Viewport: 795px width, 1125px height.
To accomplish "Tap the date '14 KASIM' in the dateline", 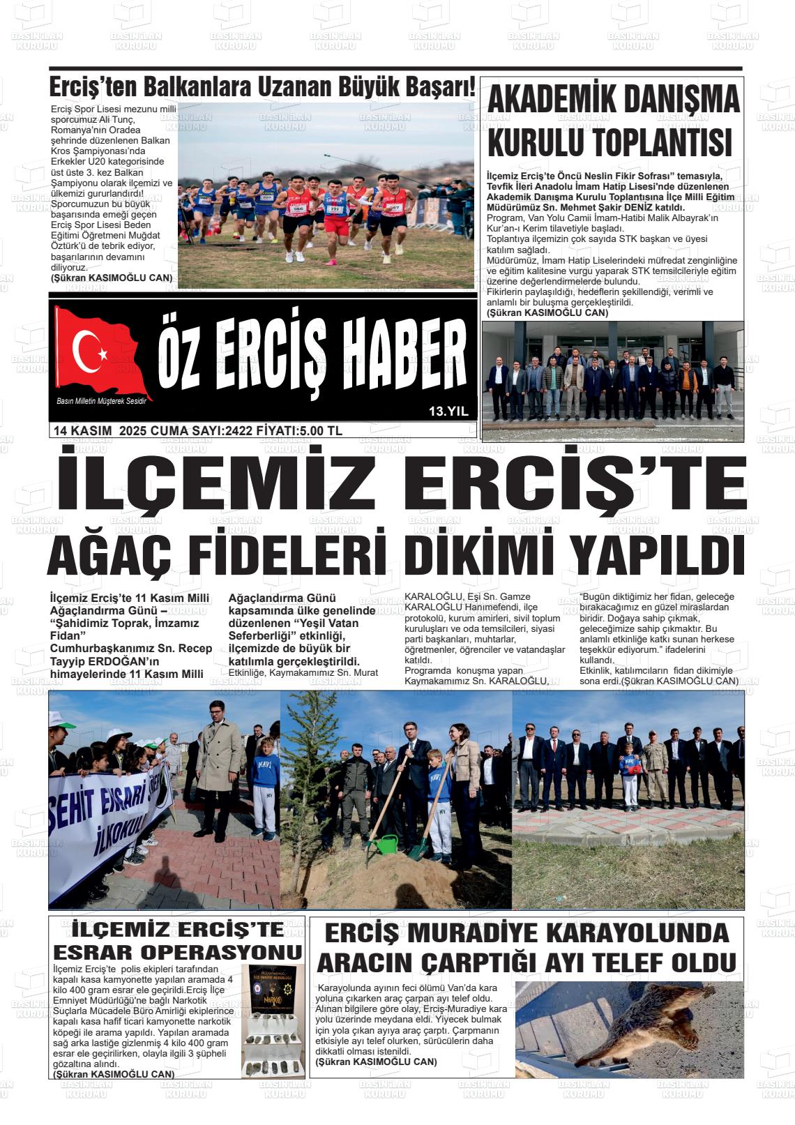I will [83, 430].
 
